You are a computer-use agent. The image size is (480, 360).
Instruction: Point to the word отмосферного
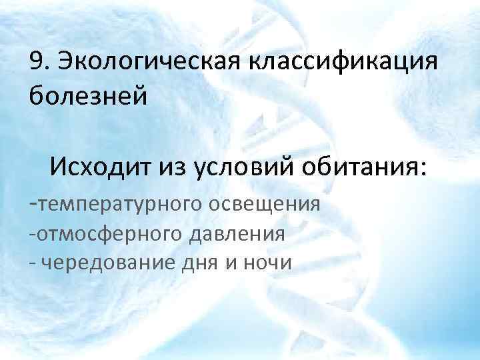(110, 233)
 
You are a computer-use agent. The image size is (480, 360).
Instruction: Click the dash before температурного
(34, 201)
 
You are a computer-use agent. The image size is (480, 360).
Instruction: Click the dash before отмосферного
(33, 233)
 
